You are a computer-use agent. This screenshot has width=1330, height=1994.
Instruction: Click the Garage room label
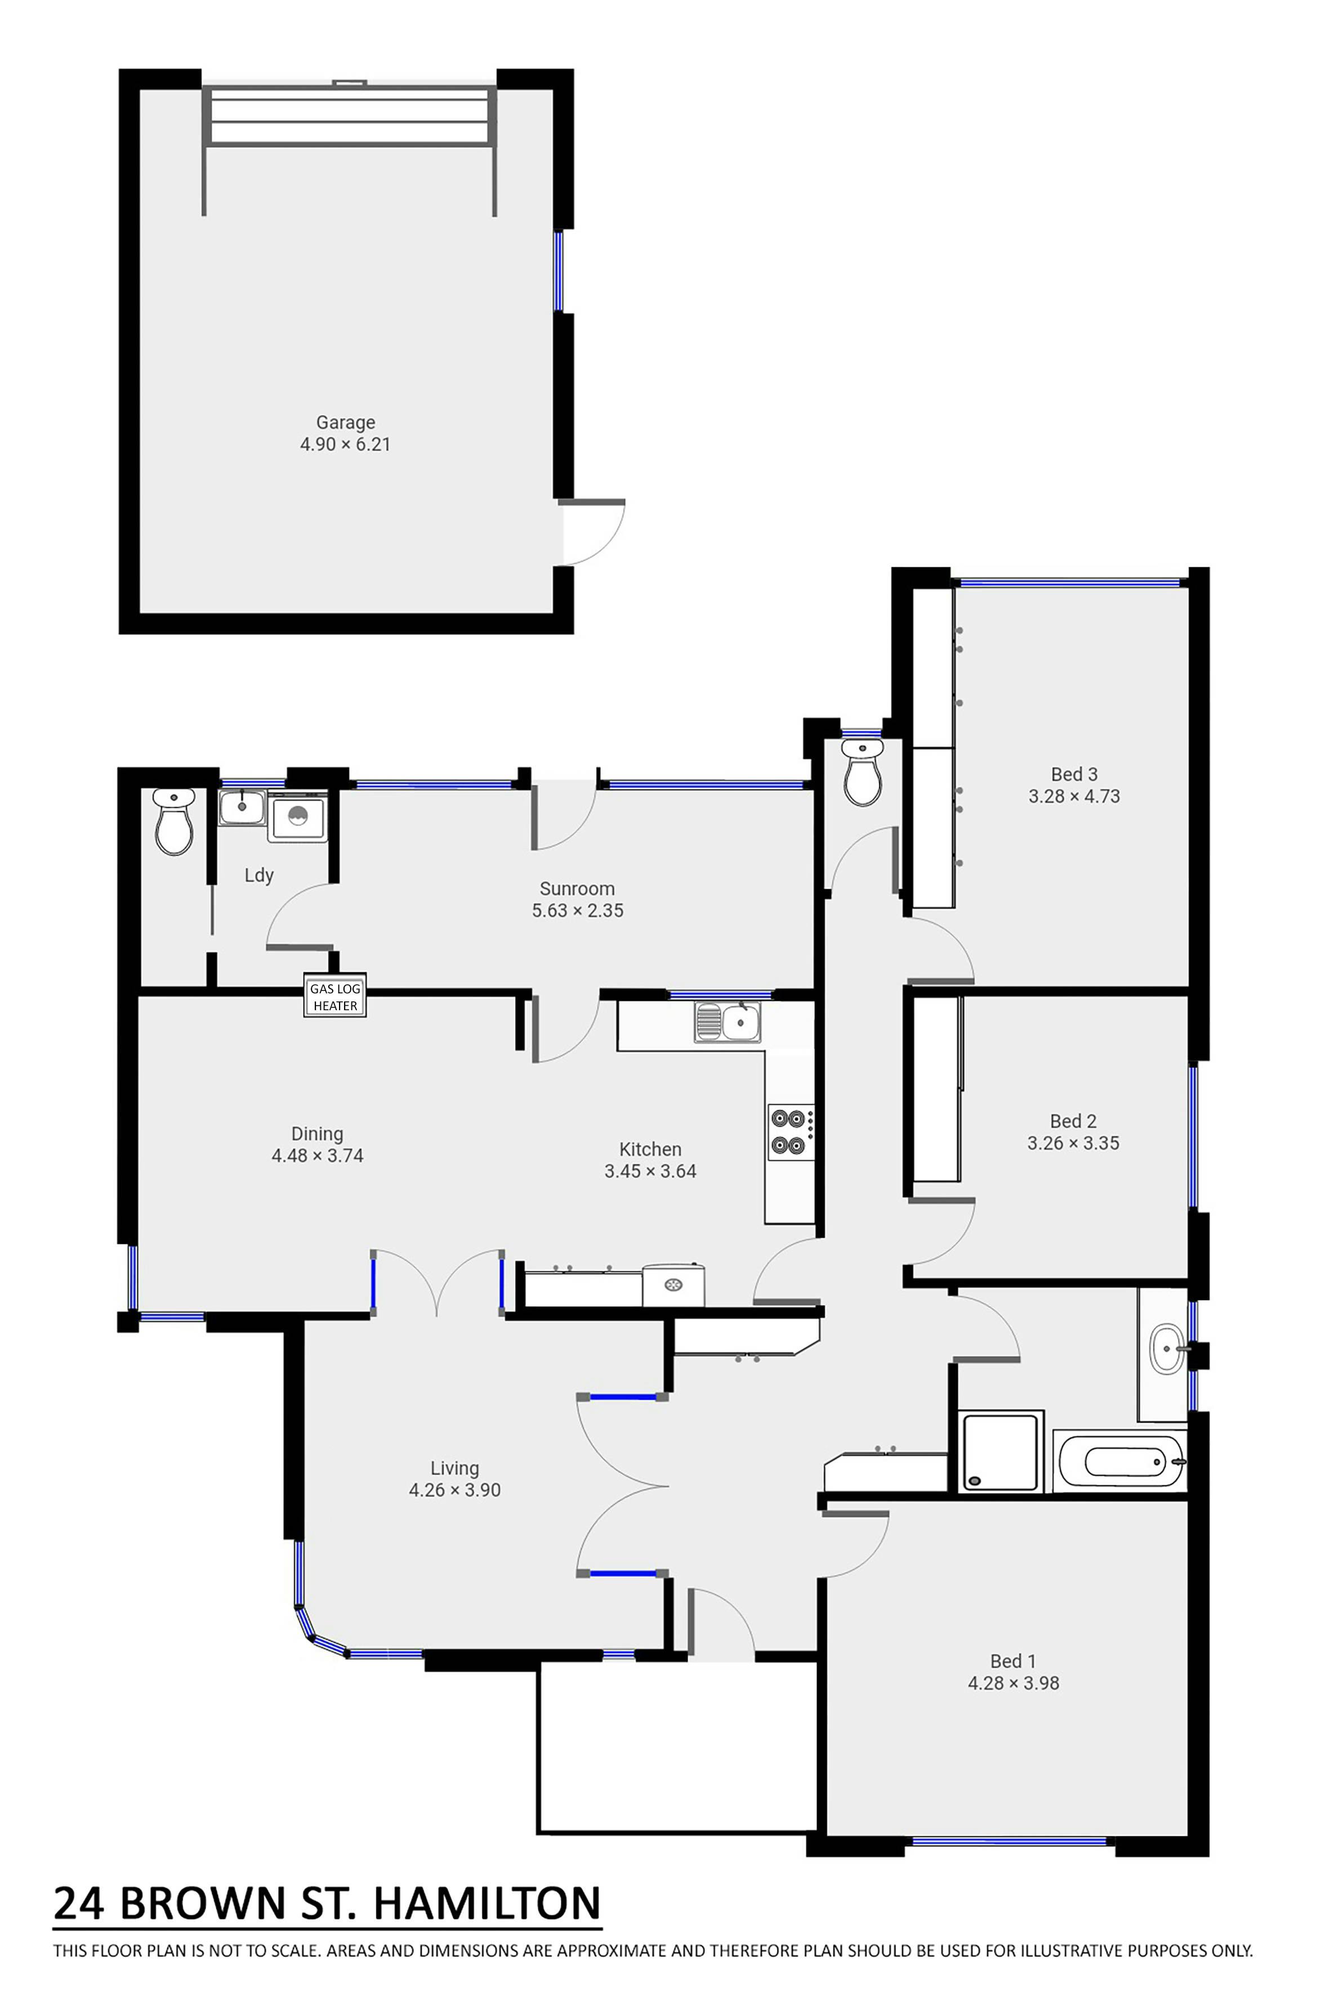pos(345,422)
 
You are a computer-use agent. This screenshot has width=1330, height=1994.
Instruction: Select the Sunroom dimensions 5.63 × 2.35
pos(578,911)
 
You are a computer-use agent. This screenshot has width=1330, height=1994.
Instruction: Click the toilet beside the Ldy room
pos(175,822)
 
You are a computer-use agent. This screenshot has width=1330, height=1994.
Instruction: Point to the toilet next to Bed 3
pos(863,772)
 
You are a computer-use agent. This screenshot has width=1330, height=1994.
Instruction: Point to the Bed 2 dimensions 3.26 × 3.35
pos(1073,1143)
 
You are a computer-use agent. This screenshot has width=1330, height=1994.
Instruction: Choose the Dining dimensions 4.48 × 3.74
pos(317,1155)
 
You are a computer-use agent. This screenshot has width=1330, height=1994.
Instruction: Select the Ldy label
pos(258,876)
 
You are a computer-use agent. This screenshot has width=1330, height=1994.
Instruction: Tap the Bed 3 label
pos(1074,774)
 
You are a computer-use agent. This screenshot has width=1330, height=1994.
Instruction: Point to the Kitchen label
pos(650,1150)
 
